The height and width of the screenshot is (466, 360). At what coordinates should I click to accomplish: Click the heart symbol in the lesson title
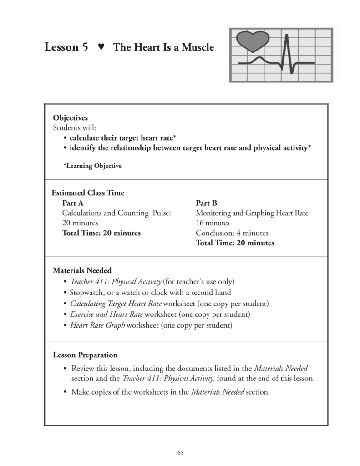point(101,47)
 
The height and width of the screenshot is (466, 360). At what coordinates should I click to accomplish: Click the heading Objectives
point(71,118)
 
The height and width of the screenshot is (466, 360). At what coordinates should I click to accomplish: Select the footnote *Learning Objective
point(92,166)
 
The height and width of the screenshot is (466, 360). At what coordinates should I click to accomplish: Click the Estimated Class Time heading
point(88,193)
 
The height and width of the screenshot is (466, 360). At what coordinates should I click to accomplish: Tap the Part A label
point(73,203)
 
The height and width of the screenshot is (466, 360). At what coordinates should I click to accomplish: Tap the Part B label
point(206,203)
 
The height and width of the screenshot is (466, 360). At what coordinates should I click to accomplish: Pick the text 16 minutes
point(213,223)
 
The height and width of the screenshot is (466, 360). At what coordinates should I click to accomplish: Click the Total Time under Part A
point(101,233)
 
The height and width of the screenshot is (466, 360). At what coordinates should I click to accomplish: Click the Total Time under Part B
point(235,243)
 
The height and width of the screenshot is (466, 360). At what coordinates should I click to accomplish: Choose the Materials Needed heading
point(82,270)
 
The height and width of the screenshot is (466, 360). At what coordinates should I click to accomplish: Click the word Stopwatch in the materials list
point(86,293)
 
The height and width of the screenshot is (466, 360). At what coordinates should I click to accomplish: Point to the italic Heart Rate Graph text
point(97,325)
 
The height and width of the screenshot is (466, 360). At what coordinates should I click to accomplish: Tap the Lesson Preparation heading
point(85,355)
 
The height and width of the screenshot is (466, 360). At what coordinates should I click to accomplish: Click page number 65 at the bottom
point(180,452)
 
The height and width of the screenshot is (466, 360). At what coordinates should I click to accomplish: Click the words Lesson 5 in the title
point(66,47)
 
